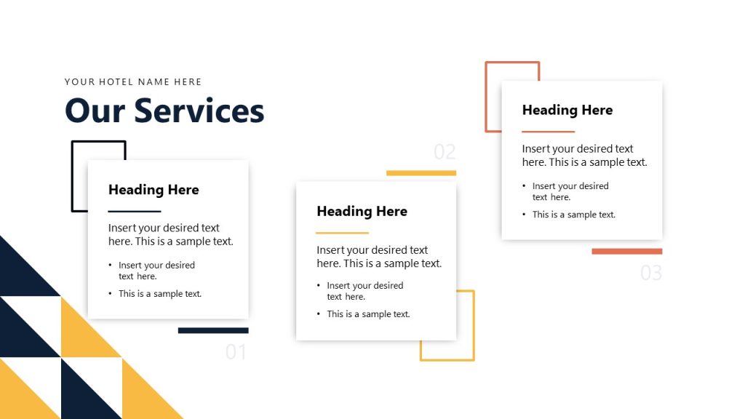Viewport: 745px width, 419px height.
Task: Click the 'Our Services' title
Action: (x=164, y=111)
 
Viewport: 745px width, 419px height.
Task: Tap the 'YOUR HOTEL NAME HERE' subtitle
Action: (x=133, y=82)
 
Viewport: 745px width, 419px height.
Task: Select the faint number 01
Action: (x=236, y=352)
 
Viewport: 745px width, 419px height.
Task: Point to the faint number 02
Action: (x=445, y=152)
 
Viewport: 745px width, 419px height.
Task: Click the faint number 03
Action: (x=651, y=273)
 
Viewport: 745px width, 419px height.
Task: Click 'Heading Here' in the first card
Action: (x=154, y=190)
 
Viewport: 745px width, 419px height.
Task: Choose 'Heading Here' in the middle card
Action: (x=362, y=212)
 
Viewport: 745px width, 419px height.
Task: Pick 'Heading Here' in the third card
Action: (x=567, y=111)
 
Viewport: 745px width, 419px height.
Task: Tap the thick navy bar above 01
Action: (x=213, y=330)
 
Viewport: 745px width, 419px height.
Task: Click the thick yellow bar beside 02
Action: (x=421, y=173)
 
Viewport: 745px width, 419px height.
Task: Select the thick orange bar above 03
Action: (x=627, y=252)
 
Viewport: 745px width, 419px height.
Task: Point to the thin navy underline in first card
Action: (x=135, y=211)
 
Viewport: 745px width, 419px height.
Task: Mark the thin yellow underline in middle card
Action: (x=343, y=233)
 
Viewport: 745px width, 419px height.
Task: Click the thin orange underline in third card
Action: (x=549, y=132)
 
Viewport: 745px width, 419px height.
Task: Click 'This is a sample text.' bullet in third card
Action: (x=574, y=215)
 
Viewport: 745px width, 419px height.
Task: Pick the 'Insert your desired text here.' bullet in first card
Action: (x=156, y=271)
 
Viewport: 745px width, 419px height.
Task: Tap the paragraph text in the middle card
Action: (x=379, y=257)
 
